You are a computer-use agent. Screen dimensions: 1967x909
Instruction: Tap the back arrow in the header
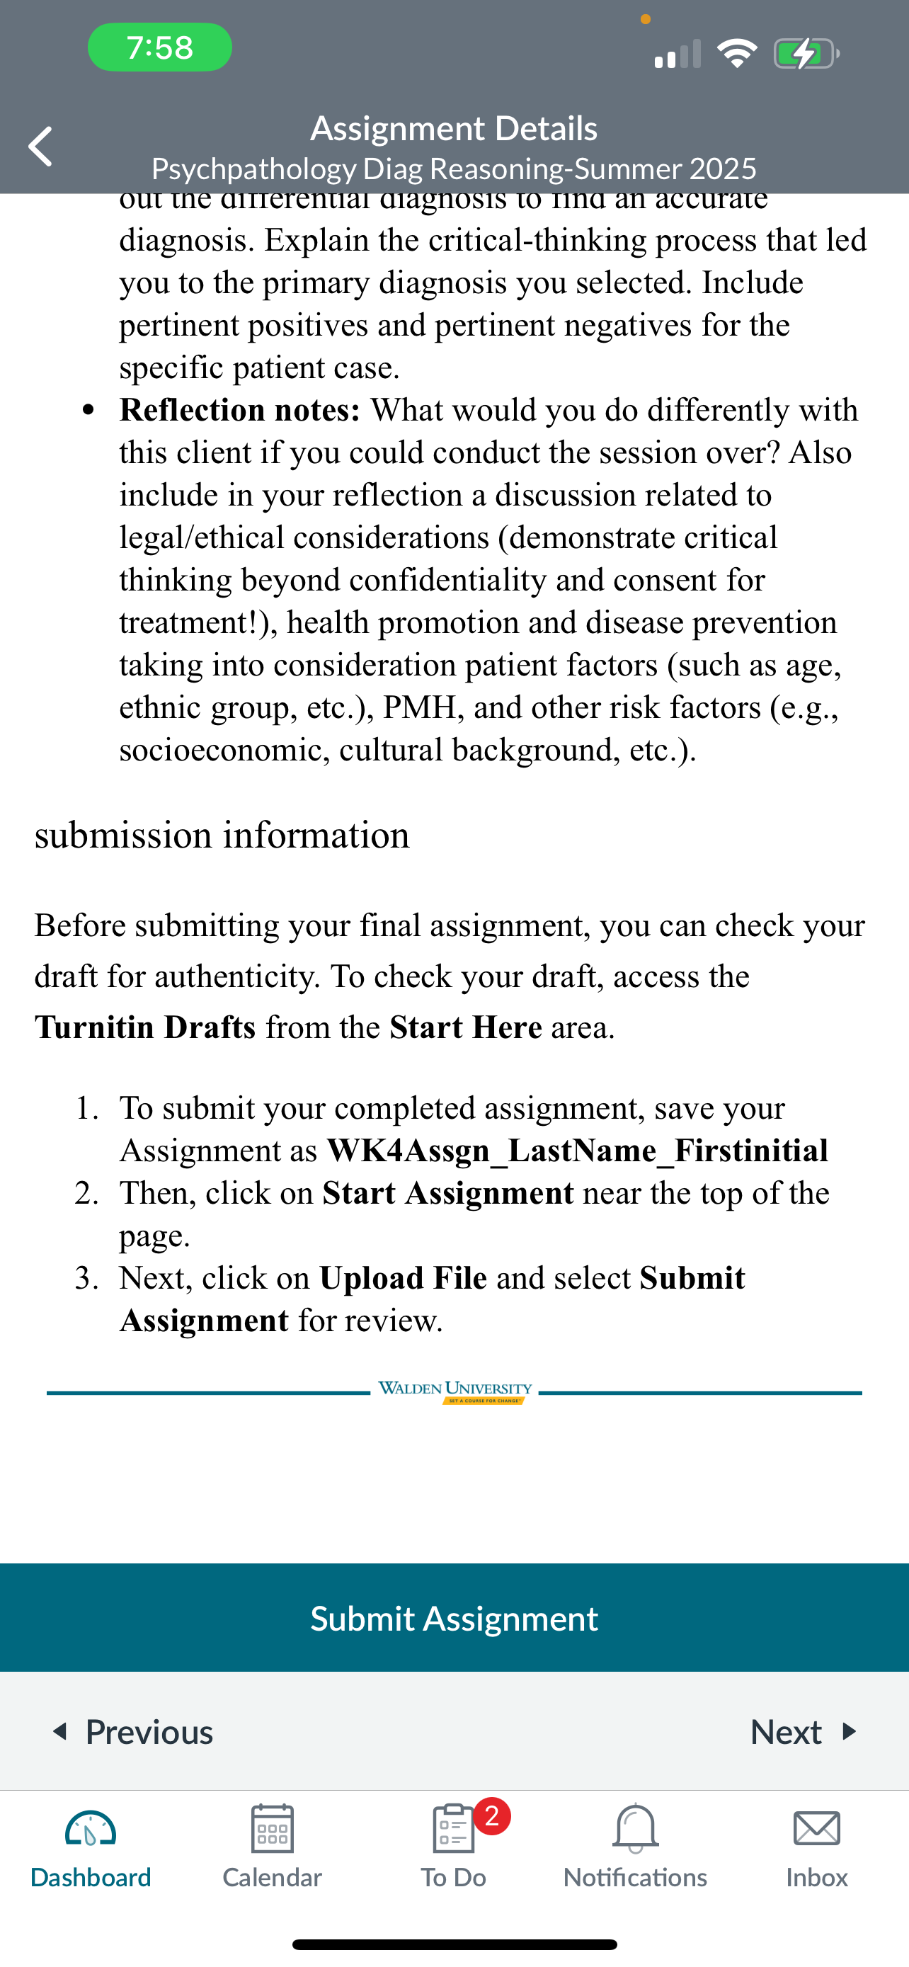[40, 146]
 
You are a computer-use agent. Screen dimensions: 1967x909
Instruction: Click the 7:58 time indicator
[159, 47]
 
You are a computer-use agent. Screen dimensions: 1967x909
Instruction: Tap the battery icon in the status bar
[805, 53]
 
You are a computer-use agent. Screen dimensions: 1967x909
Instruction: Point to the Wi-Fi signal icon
[736, 53]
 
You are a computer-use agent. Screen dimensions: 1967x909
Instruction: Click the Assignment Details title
[453, 128]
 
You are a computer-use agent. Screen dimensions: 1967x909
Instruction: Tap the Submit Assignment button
[454, 1618]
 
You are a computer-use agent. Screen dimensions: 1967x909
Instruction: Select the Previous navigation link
[133, 1732]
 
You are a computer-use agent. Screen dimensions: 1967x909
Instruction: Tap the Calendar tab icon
[273, 1829]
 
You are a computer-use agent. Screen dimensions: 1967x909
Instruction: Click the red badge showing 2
[492, 1815]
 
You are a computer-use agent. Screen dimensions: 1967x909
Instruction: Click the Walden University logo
[455, 1391]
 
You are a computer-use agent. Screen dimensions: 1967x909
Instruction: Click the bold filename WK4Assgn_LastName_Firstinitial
[577, 1151]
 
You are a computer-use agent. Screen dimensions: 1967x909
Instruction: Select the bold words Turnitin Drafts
[145, 1027]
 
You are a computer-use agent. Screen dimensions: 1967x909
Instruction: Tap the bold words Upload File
[403, 1277]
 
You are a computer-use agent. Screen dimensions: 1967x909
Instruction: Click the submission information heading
[222, 834]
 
